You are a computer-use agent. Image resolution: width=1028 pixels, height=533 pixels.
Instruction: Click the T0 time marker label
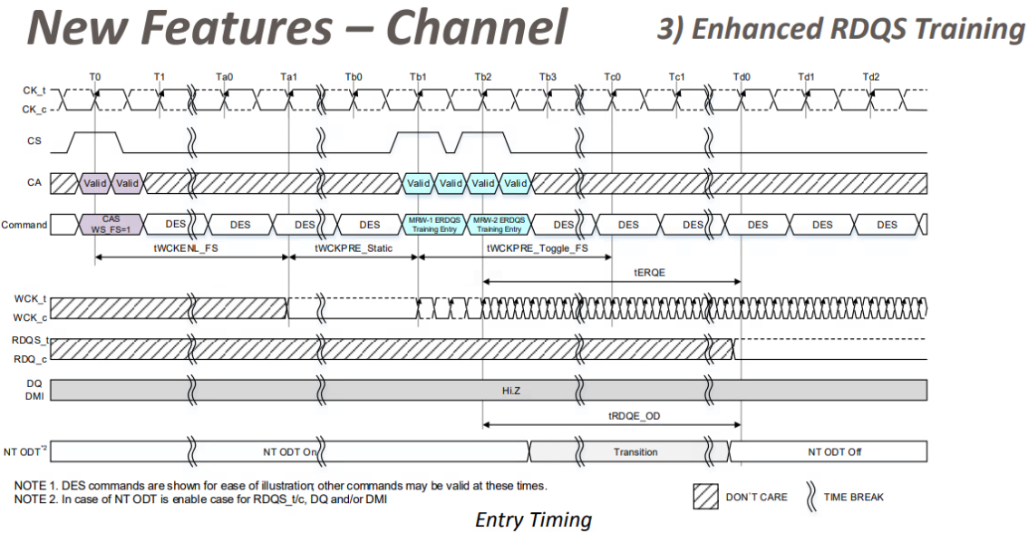click(95, 77)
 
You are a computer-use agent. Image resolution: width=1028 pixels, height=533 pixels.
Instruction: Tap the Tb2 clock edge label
click(483, 77)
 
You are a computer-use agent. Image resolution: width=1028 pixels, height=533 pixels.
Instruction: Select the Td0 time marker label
click(742, 77)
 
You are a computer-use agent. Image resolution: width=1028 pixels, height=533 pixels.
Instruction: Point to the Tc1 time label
click(677, 77)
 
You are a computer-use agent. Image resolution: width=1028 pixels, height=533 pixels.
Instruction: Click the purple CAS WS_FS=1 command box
click(112, 225)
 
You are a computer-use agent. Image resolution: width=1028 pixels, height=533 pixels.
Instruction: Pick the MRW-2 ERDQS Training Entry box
click(499, 225)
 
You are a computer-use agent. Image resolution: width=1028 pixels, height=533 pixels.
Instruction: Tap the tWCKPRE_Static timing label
click(354, 247)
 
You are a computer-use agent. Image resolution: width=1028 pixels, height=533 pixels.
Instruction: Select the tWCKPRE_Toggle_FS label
click(537, 247)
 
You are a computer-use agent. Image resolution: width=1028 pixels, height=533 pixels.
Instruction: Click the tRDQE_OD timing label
click(635, 414)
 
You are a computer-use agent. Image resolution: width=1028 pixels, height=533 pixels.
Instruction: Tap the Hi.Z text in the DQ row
click(511, 390)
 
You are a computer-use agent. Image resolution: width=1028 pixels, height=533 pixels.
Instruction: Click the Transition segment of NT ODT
click(635, 451)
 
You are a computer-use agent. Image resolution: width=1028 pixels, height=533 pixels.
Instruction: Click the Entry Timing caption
click(533, 519)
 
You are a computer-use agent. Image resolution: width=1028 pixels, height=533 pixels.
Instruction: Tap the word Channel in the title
click(478, 27)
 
